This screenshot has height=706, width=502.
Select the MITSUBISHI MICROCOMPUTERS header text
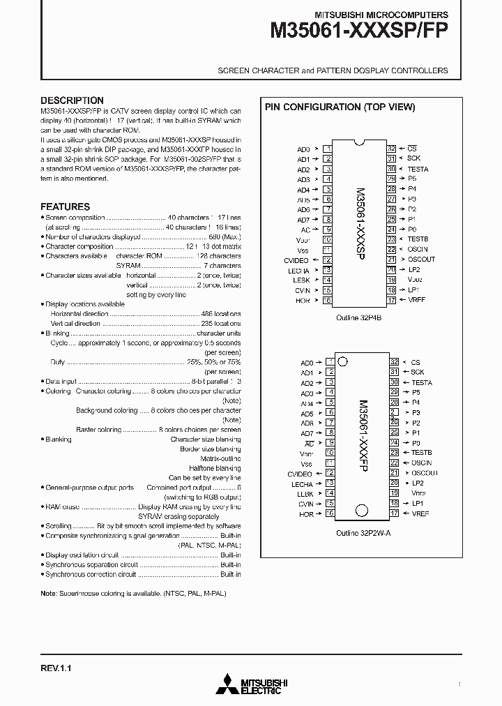(x=381, y=14)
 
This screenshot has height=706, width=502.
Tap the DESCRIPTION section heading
(x=72, y=100)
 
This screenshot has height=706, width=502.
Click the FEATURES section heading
(x=65, y=206)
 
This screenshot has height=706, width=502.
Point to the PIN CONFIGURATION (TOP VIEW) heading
(x=340, y=107)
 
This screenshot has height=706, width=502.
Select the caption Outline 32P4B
(x=359, y=316)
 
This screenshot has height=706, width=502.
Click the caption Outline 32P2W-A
(x=359, y=531)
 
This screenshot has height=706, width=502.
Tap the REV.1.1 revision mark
(x=56, y=668)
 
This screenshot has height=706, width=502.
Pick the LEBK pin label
(x=301, y=280)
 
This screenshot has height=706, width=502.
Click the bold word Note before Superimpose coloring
(x=48, y=593)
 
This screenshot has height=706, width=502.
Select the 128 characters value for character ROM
(x=220, y=256)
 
